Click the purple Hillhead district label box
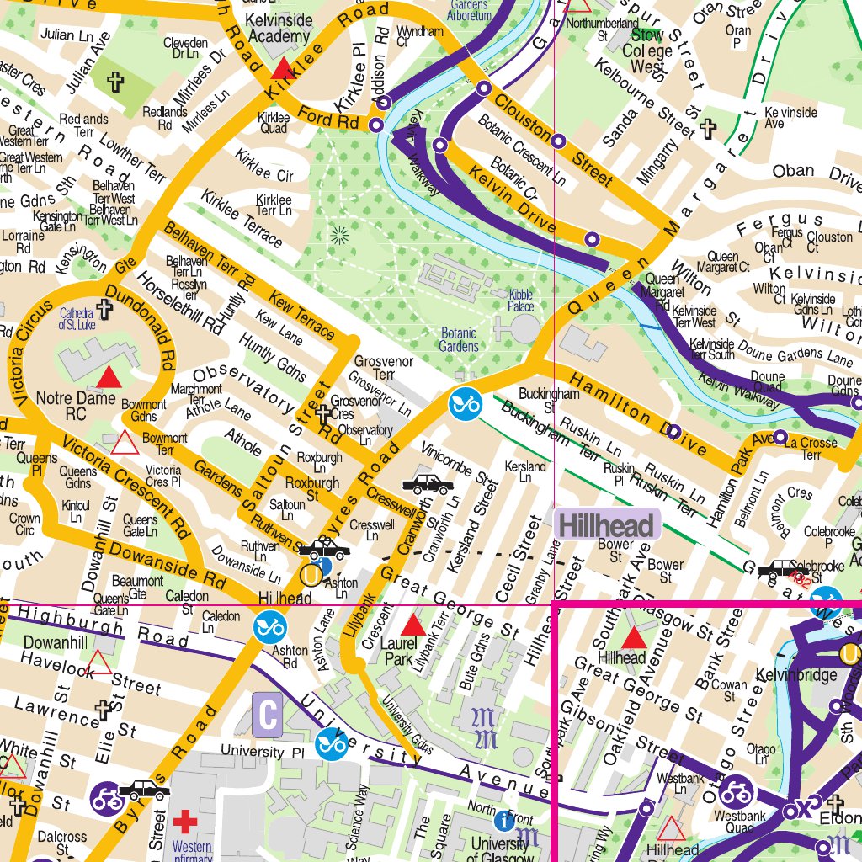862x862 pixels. pyautogui.click(x=607, y=526)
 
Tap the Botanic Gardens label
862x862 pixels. pyautogui.click(x=459, y=340)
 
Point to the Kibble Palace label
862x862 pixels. pyautogui.click(x=521, y=301)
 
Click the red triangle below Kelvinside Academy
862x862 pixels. pyautogui.click(x=282, y=68)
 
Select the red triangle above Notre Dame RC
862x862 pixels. pyautogui.click(x=109, y=377)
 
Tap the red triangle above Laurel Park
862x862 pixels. pyautogui.click(x=412, y=625)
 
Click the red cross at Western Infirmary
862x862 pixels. pyautogui.click(x=184, y=821)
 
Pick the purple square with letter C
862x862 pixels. pyautogui.click(x=268, y=716)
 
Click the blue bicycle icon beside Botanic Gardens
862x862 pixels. pyautogui.click(x=464, y=405)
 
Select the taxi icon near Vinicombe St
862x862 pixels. pyautogui.click(x=429, y=484)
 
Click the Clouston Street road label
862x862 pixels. pyautogui.click(x=552, y=139)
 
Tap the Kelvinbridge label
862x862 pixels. pyautogui.click(x=795, y=675)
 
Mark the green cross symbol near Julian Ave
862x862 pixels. pyautogui.click(x=116, y=82)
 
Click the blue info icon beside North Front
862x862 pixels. pyautogui.click(x=503, y=820)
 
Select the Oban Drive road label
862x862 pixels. pyautogui.click(x=812, y=173)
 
